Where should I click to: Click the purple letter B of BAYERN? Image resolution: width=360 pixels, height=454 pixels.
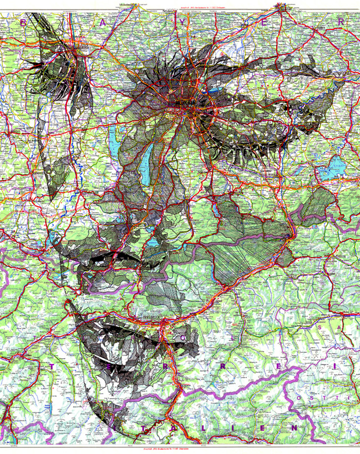coord(23,22)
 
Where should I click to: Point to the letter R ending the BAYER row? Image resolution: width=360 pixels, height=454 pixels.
coord(341,21)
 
